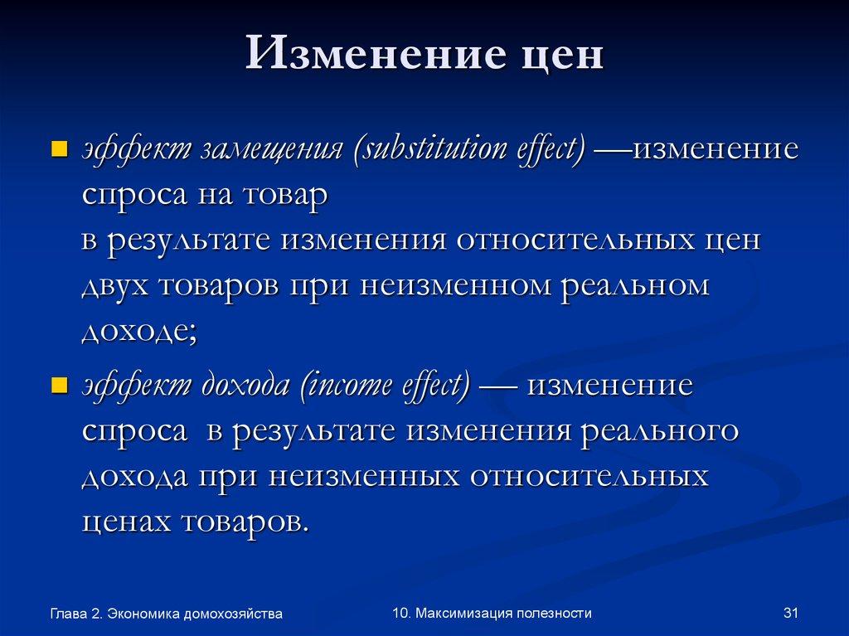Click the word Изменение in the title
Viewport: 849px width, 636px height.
(x=364, y=56)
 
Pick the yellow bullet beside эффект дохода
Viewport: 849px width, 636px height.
(x=59, y=387)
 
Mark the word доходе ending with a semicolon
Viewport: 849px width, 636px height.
(x=138, y=331)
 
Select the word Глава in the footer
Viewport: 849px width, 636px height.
(x=68, y=614)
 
